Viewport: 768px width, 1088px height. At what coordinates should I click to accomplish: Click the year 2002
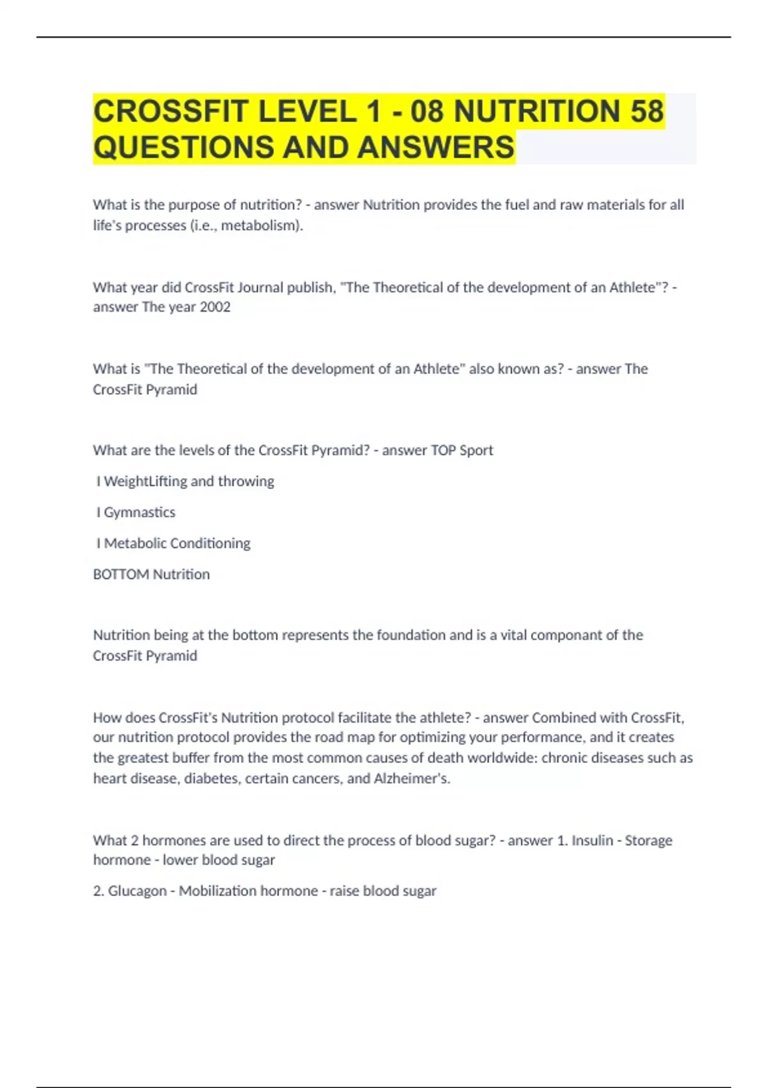pos(215,307)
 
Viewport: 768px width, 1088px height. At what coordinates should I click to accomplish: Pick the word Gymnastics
pos(140,513)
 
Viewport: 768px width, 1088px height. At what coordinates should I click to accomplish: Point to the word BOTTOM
pos(121,575)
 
